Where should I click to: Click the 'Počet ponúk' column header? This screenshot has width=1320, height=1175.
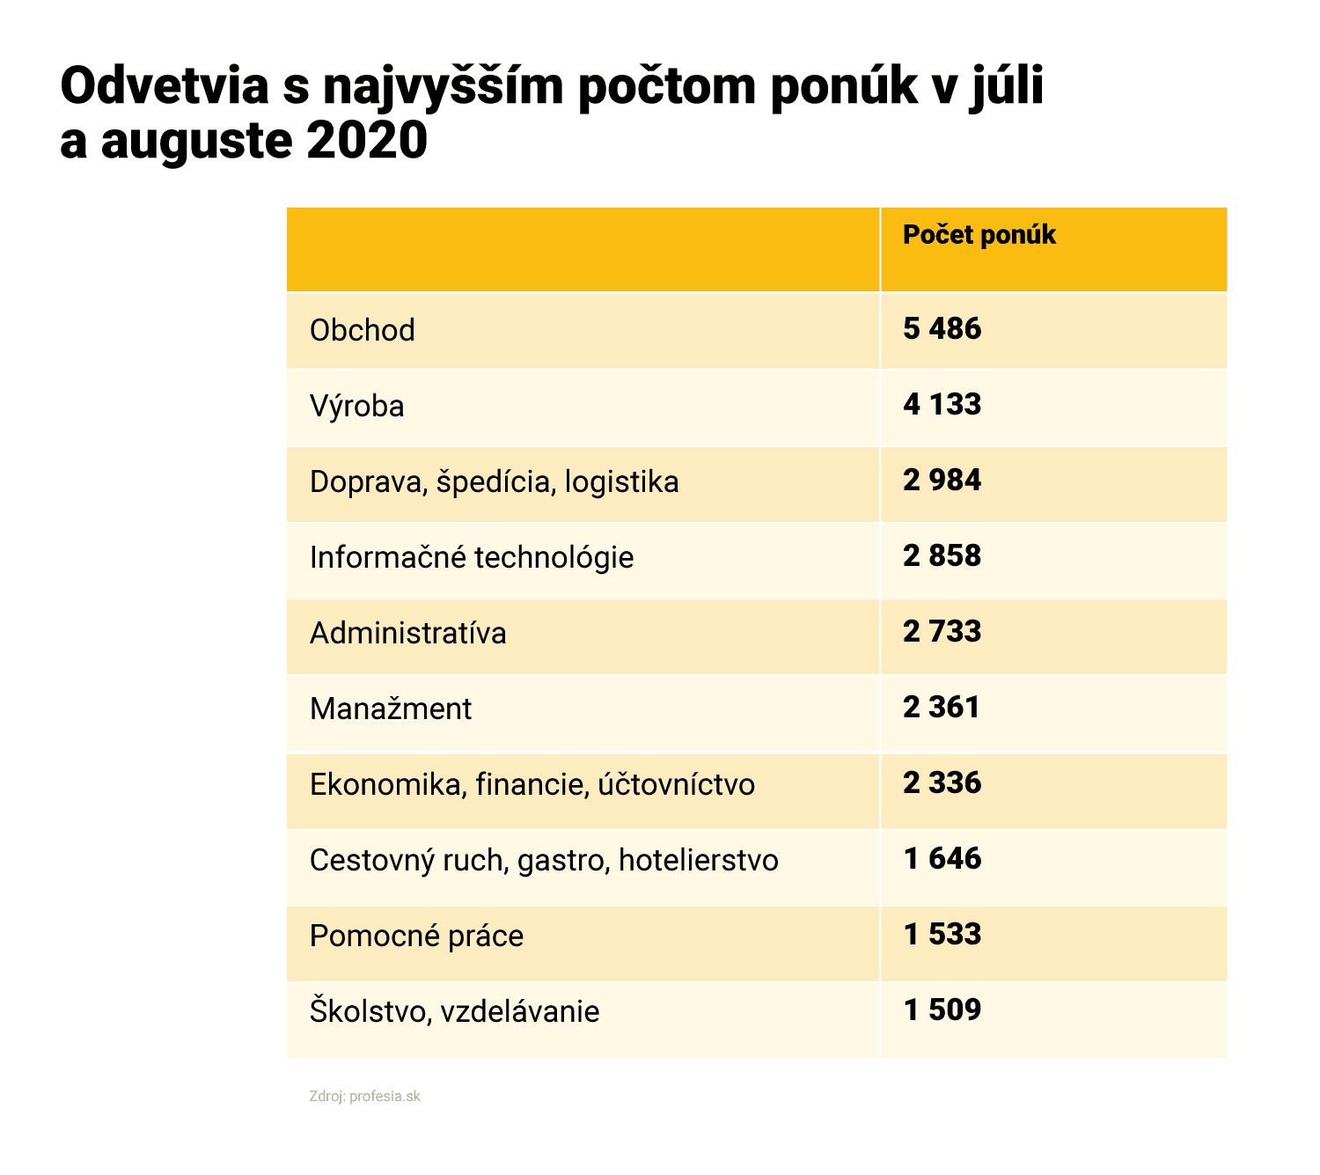point(979,235)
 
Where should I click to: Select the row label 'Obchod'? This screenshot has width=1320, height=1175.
point(362,330)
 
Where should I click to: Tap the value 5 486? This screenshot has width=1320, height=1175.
point(942,329)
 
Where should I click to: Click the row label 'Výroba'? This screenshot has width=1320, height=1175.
point(356,406)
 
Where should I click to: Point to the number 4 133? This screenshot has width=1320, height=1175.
point(942,405)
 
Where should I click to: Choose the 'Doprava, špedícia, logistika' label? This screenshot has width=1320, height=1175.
point(494,481)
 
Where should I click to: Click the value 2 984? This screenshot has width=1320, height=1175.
point(942,481)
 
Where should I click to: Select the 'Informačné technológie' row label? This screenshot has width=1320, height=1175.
point(472,557)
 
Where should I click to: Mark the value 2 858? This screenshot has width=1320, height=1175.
point(942,556)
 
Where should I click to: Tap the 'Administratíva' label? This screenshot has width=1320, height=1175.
point(407,633)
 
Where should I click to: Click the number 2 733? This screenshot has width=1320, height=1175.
point(942,632)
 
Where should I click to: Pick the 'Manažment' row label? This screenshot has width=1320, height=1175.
point(391,709)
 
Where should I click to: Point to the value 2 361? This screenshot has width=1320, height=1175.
point(942,708)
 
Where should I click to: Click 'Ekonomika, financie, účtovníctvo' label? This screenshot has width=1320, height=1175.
point(532,784)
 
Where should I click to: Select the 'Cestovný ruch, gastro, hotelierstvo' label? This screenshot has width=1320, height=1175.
point(544,860)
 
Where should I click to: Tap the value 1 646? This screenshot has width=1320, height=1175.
point(942,859)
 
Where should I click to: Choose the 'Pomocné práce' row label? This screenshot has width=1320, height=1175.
point(416,936)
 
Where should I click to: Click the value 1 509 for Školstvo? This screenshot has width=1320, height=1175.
point(942,1010)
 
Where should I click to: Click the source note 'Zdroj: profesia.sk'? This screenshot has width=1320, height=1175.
point(364,1097)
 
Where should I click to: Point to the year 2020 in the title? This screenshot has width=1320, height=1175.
point(367,141)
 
